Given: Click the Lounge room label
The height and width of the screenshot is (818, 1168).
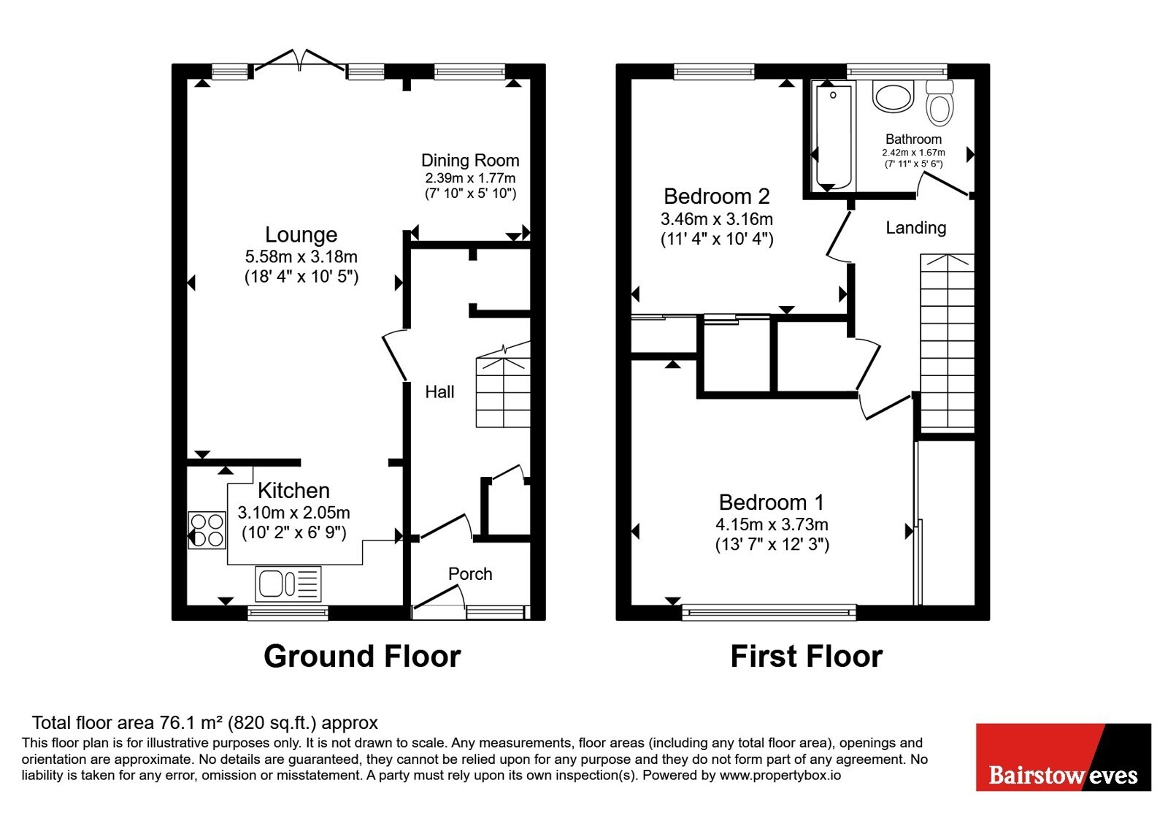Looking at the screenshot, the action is [x=301, y=234].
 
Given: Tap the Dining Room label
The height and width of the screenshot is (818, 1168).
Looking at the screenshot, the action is [x=470, y=160].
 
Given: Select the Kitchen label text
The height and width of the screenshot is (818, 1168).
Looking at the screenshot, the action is [x=293, y=490].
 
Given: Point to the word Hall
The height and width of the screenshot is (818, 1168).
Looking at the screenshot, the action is [x=439, y=391].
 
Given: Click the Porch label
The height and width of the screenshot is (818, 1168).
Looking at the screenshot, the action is [x=470, y=574].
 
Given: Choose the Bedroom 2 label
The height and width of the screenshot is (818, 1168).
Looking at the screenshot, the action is [x=717, y=196].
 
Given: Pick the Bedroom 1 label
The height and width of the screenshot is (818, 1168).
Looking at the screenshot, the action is [x=772, y=502].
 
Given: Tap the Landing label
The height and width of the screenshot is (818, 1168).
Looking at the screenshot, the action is [x=916, y=228].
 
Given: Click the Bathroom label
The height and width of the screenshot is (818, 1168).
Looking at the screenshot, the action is [x=913, y=139].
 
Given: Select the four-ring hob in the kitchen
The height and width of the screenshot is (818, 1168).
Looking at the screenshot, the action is [x=207, y=530].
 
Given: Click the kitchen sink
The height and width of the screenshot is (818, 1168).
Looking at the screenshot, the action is [x=288, y=584].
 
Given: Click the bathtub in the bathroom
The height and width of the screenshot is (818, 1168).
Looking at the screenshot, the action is [x=834, y=137].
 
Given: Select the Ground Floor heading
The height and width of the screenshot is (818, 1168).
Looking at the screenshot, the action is [x=362, y=657].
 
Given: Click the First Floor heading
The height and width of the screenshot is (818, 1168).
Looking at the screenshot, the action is [x=807, y=657].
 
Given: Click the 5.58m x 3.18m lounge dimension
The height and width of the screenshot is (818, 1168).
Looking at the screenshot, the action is [x=301, y=256].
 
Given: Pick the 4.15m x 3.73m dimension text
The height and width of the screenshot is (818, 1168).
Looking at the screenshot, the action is [x=772, y=524].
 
